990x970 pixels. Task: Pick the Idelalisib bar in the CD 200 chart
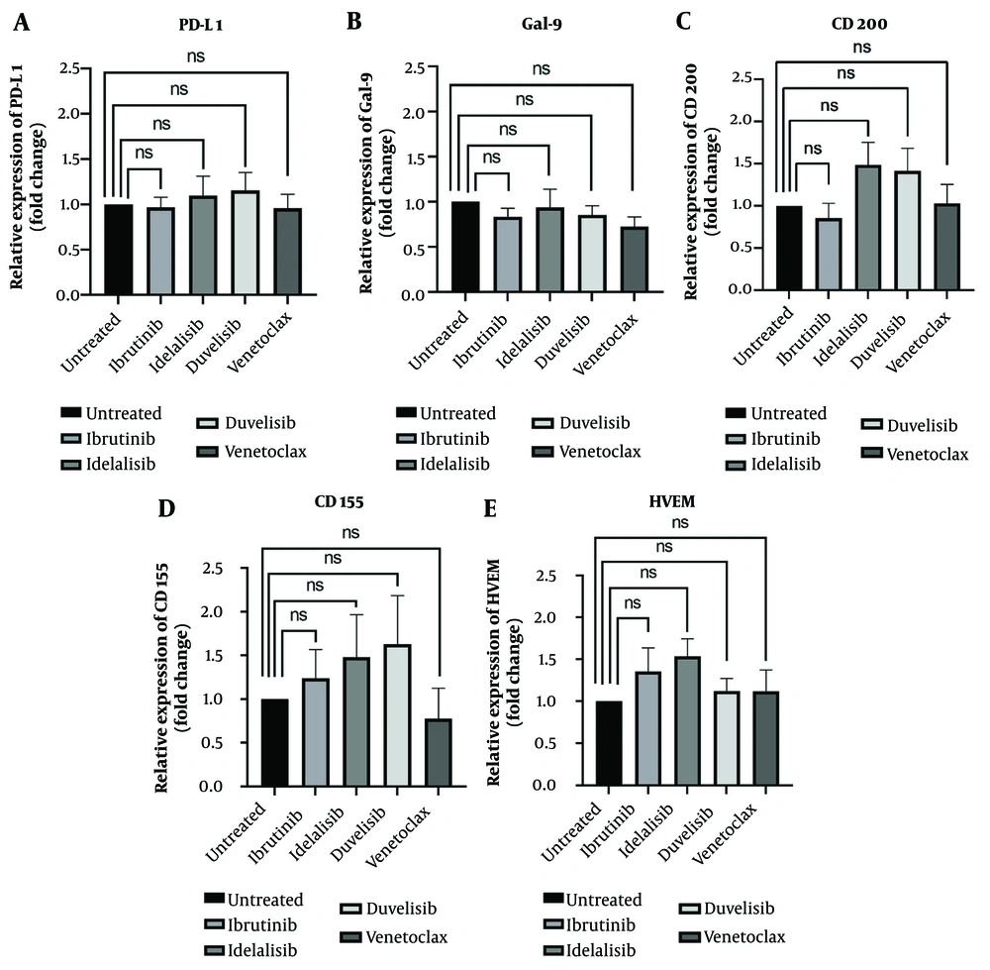click(867, 228)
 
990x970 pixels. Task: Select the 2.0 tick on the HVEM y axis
click(571, 617)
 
